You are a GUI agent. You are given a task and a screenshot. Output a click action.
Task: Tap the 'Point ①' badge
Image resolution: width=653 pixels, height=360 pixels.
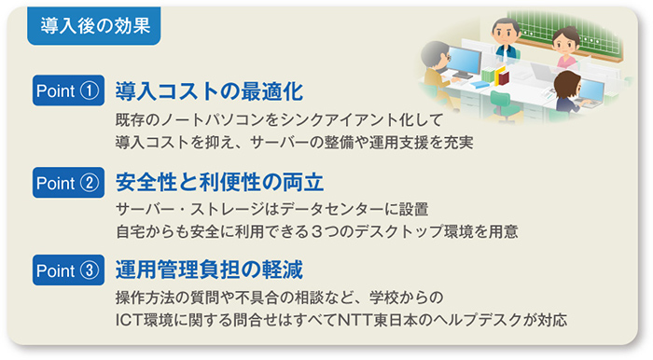(66, 91)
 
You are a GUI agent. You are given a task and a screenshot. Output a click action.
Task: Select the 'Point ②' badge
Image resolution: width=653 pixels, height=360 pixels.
(66, 182)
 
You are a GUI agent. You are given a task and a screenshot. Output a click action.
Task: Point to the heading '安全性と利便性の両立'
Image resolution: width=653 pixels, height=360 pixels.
(220, 182)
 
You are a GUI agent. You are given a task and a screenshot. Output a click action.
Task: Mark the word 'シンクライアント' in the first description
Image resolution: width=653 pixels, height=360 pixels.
(351, 120)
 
